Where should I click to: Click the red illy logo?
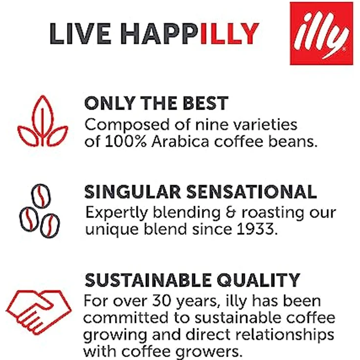coord(321,33)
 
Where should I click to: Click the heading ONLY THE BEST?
coord(157,104)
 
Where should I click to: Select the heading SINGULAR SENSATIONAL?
coord(201,192)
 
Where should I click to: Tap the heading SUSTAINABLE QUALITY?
coord(192,280)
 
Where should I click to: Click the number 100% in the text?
coord(121,142)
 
